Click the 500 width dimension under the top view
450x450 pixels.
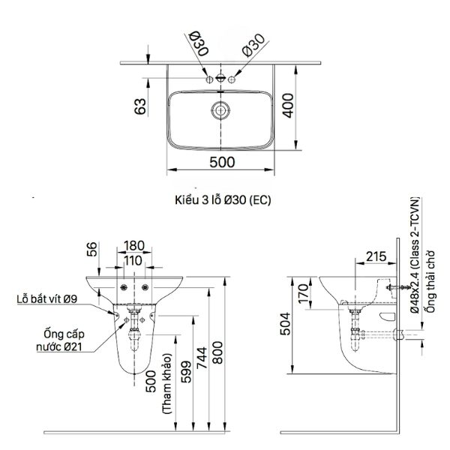pos(222,162)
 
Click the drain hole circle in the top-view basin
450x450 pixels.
pos(220,109)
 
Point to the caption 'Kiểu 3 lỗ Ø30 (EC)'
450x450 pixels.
pos(222,200)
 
